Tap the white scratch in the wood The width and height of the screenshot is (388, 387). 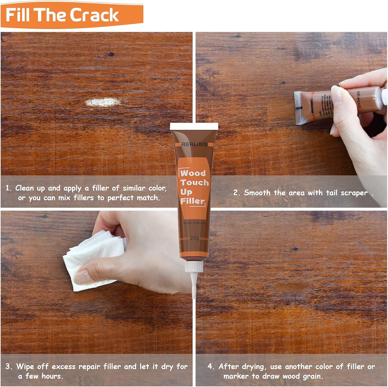tap(102, 102)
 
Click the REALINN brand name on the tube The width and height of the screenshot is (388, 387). tap(194, 144)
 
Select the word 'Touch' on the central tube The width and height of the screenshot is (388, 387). tap(194, 183)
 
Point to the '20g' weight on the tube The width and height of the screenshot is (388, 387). tap(194, 238)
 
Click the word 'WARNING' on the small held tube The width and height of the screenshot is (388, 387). tap(312, 106)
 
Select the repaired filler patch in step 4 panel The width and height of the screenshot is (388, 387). tap(292, 287)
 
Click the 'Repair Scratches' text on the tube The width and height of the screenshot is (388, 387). tap(194, 223)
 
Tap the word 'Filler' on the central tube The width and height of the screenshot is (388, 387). tap(192, 201)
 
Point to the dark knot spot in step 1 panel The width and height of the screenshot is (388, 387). tap(111, 54)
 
